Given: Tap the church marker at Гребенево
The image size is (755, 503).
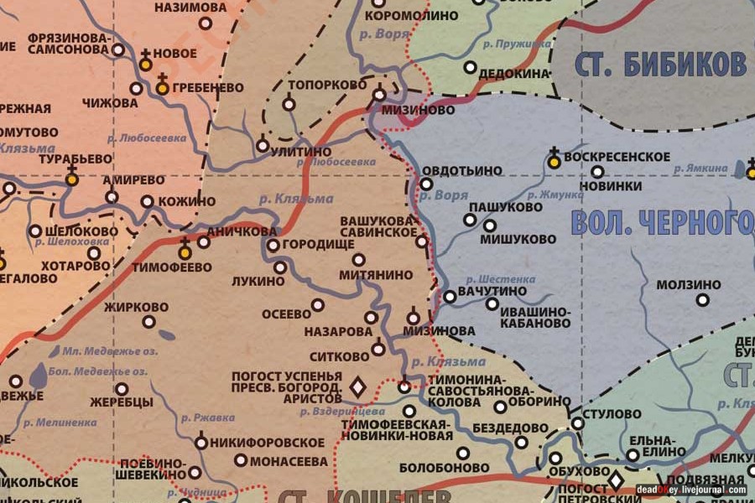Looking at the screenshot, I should (163, 86).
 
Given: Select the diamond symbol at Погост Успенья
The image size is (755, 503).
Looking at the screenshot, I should (357, 386).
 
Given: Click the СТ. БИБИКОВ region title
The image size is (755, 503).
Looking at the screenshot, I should (660, 64).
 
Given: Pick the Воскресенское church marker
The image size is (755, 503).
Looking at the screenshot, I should (554, 161).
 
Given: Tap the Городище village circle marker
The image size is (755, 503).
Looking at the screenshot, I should (273, 246).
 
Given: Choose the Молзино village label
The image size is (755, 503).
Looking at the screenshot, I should (688, 285).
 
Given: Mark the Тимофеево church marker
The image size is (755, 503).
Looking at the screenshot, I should (185, 251).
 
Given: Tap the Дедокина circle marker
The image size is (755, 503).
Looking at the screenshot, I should (470, 67).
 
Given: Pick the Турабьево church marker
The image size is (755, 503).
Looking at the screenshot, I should (72, 178).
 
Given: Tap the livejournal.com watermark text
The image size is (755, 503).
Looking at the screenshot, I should (690, 490).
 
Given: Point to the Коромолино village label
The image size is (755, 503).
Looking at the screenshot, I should (414, 15).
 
